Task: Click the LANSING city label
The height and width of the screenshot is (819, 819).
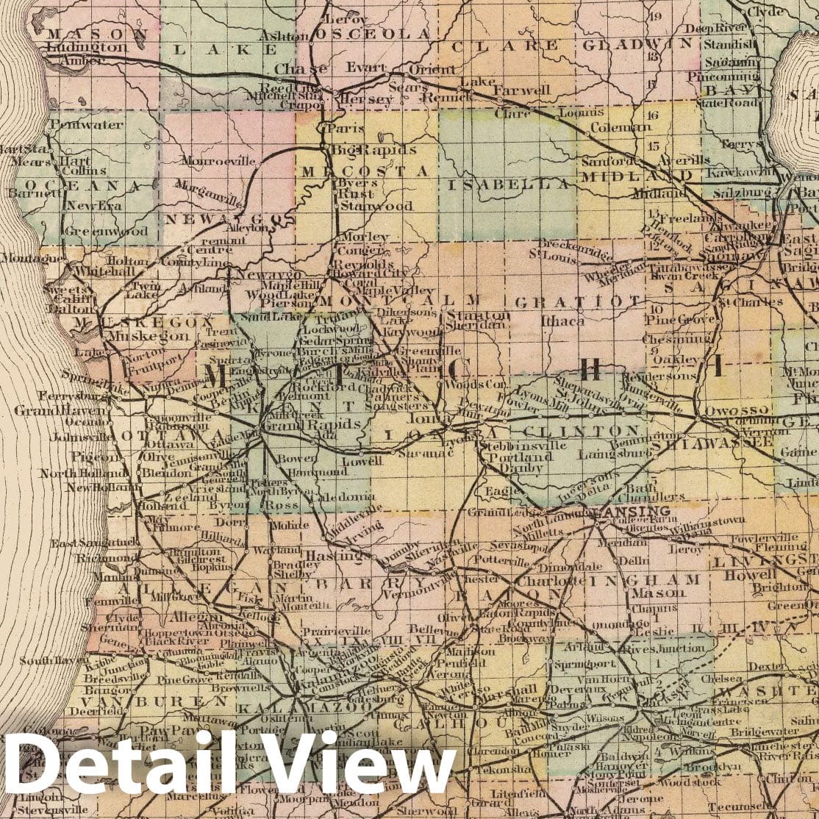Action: coord(625,511)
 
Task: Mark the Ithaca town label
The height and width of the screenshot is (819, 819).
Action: coord(562,321)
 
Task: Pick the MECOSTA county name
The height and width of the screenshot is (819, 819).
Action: coord(365,171)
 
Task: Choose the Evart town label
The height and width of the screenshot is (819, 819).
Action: coord(366,67)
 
